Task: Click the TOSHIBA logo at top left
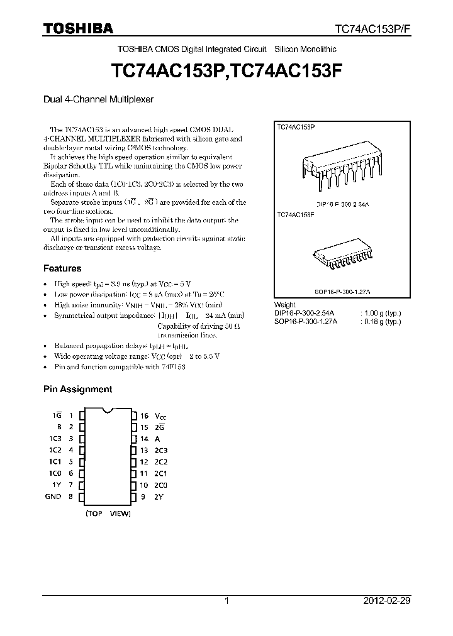78,28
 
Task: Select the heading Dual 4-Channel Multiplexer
98,99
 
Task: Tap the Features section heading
62,268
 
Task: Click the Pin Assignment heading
77,389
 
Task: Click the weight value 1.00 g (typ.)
383,313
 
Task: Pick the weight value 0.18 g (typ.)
383,321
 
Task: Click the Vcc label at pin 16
162,416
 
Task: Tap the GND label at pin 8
53,496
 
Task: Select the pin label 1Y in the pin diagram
57,485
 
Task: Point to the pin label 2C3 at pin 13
162,451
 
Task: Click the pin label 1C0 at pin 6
56,473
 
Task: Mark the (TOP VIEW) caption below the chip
108,513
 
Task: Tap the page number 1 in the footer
226,601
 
